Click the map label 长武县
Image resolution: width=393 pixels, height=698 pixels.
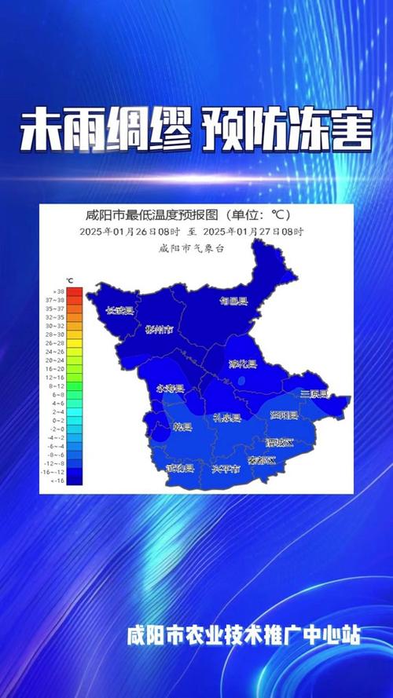coord(120,311)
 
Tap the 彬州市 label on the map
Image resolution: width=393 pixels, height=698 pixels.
coord(160,329)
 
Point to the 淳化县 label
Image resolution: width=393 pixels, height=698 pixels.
coord(242,364)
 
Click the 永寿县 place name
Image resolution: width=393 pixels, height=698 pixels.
coord(170,389)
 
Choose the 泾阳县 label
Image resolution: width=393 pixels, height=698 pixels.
coord(283,415)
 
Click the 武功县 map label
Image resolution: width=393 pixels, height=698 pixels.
coord(180,468)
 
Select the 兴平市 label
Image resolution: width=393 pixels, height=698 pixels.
coord(226,469)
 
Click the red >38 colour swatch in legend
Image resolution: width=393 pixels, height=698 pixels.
coord(75,291)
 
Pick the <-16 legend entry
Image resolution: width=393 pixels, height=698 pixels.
coord(75,480)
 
